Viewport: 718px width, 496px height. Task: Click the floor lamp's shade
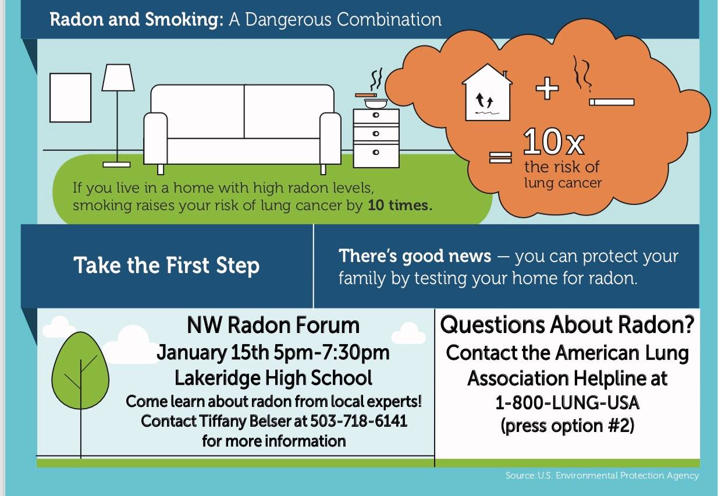(118, 77)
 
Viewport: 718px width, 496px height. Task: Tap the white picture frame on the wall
(70, 97)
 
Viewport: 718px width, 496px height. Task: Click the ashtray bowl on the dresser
(376, 103)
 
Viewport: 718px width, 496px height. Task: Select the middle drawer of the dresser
(376, 133)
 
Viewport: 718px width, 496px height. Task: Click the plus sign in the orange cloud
(547, 88)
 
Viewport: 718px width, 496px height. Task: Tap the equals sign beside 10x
(500, 157)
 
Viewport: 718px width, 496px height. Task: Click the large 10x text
(553, 142)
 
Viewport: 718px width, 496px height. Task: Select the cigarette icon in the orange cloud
(611, 102)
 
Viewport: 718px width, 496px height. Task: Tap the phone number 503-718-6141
(358, 420)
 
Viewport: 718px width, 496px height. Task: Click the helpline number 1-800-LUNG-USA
(567, 402)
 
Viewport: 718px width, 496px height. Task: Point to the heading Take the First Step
(166, 265)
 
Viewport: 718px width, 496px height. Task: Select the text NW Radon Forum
(273, 325)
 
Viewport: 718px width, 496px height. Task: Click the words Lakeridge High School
(273, 378)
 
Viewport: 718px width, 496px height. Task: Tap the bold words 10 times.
(400, 206)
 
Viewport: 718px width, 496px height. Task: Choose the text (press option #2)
(567, 426)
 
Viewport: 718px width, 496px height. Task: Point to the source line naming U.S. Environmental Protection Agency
(602, 476)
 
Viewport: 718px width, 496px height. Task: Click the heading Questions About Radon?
(567, 325)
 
